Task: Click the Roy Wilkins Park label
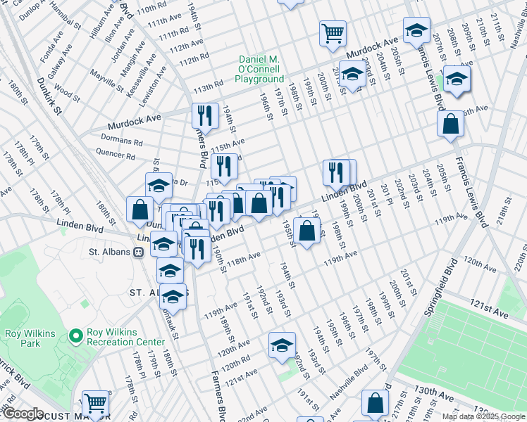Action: click(x=21, y=339)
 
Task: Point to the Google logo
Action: click(x=23, y=414)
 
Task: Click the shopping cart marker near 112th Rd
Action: click(x=333, y=32)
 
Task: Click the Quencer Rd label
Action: click(x=114, y=153)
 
